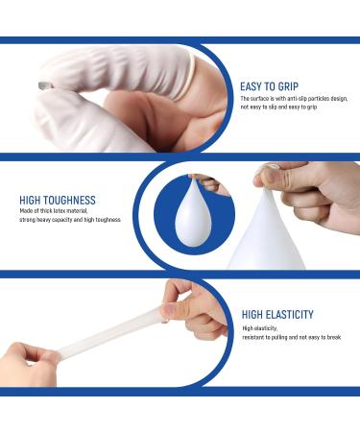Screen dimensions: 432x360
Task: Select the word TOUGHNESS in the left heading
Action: point(71,202)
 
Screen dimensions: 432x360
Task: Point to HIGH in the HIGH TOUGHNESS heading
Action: point(32,202)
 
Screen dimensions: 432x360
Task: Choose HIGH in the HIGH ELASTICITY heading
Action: point(255,314)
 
